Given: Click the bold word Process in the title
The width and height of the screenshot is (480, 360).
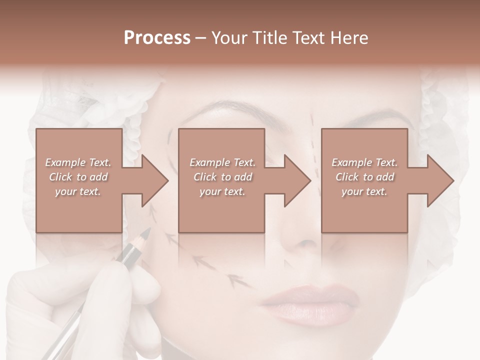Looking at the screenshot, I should [157, 38].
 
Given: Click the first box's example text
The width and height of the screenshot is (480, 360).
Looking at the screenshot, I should [78, 177].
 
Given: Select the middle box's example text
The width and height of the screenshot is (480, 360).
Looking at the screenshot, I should [222, 177].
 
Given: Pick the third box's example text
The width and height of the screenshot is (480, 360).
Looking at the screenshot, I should [364, 177].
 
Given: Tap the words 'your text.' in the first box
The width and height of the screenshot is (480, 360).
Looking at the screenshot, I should [78, 191].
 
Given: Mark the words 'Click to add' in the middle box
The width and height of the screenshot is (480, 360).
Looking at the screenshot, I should [222, 177].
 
